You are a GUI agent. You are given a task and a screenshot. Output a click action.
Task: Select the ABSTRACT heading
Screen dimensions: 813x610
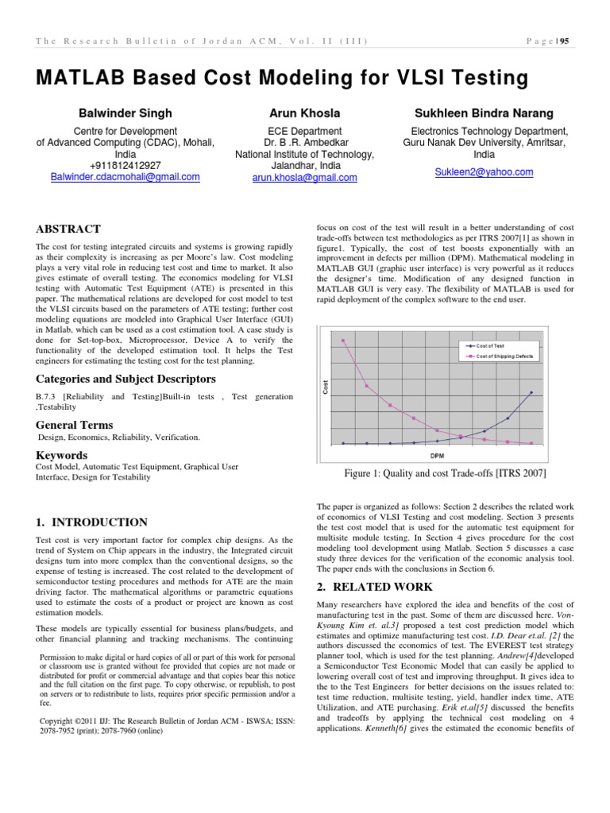tap(68, 229)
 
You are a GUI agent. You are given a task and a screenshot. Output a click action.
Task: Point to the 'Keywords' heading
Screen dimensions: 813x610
tap(62, 455)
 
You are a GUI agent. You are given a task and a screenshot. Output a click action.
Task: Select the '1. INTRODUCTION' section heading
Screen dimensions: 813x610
tap(91, 522)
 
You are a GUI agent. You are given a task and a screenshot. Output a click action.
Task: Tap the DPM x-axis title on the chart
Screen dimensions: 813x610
tap(437, 456)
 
